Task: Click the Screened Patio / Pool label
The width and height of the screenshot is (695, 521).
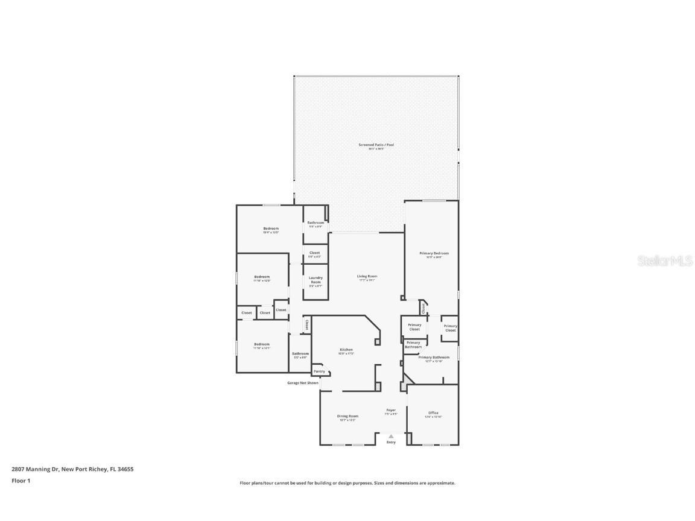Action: [376, 145]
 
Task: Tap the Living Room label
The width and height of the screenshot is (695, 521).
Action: [367, 276]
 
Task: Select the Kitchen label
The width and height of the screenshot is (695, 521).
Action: [346, 350]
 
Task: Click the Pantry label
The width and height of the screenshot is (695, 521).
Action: [319, 371]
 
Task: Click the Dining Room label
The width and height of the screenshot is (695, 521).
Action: [347, 416]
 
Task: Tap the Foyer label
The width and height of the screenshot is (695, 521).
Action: [391, 410]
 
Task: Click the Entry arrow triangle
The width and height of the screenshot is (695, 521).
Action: [391, 436]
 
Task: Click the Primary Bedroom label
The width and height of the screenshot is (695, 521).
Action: [434, 253]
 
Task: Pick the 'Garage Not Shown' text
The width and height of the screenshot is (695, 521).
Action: [303, 383]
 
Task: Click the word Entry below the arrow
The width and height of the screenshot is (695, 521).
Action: [391, 443]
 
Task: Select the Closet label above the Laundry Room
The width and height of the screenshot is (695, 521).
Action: [314, 253]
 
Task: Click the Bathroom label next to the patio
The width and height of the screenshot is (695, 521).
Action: [316, 223]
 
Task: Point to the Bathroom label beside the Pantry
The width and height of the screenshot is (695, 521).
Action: [300, 353]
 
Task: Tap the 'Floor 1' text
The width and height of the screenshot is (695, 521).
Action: [21, 481]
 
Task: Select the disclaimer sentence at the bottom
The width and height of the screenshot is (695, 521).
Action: [347, 483]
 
